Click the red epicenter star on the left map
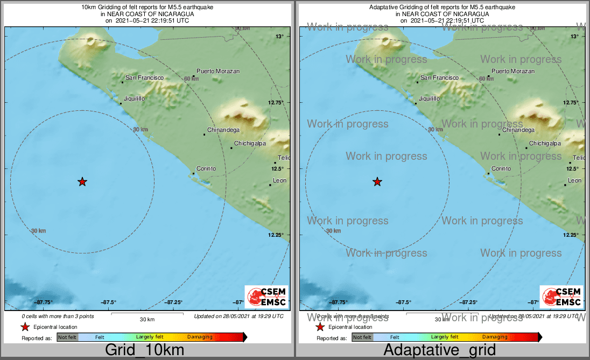(82, 182)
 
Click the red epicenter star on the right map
(377, 182)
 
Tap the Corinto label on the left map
(206, 168)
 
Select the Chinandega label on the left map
(223, 130)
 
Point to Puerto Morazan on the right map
(513, 71)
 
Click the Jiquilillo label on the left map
(134, 98)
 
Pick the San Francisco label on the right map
(439, 78)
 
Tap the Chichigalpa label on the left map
(250, 144)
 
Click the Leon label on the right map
(574, 180)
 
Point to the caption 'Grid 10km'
(144, 350)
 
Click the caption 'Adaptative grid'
(439, 350)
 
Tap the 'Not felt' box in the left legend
(68, 337)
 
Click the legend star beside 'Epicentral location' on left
(25, 327)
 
